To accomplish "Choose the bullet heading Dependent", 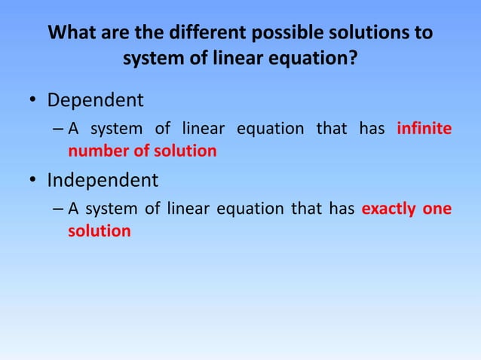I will coord(95,99).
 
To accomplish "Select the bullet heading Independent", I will coord(103,180).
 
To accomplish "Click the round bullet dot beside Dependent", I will coord(32,101).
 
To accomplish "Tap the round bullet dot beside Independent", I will coord(32,182).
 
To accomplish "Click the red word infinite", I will coord(424,129).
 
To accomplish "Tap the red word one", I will coord(437,209).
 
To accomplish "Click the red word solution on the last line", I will coord(99,231).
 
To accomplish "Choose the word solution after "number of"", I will coord(185,151).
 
